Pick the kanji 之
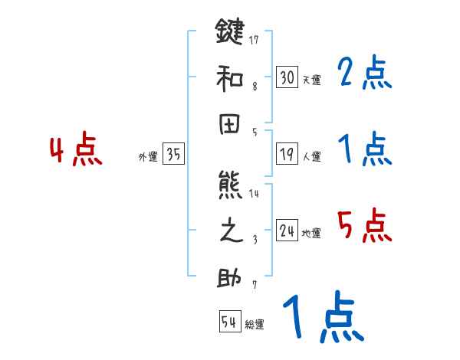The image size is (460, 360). click(229, 231)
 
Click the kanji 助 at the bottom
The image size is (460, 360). click(229, 277)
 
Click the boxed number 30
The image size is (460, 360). click(287, 77)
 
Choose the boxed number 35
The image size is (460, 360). click(173, 155)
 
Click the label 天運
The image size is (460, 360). click(311, 80)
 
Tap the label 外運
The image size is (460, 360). click(148, 157)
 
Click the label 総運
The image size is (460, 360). click(255, 325)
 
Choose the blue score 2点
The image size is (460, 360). click(365, 74)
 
